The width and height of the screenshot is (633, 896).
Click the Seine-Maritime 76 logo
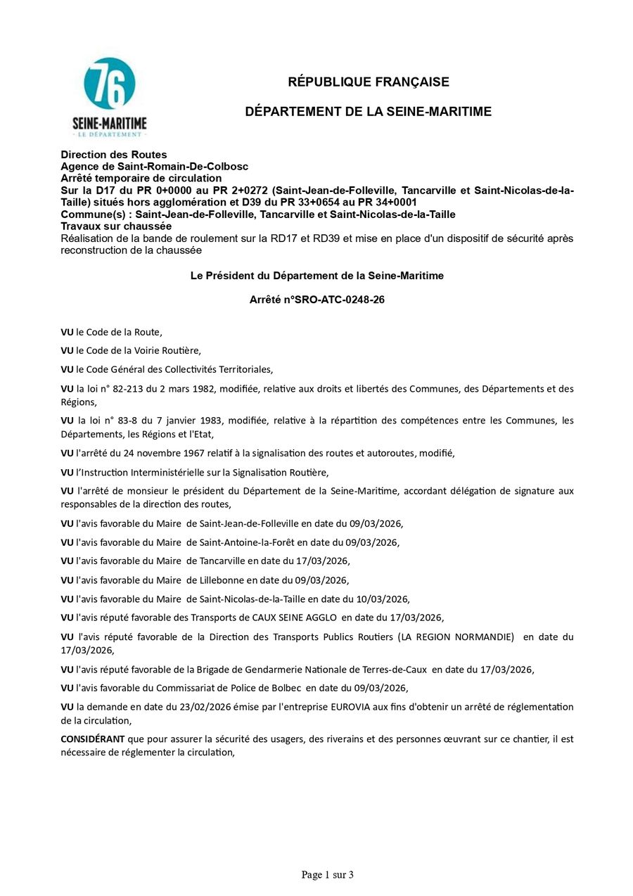click(x=110, y=97)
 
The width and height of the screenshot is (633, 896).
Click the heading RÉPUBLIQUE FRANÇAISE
click(x=369, y=82)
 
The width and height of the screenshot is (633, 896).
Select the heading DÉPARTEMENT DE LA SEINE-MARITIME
click(x=369, y=112)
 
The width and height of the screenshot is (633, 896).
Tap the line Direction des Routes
click(x=114, y=155)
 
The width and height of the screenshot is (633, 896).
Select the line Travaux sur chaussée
click(x=116, y=226)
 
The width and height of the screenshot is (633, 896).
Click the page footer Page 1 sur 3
click(x=327, y=875)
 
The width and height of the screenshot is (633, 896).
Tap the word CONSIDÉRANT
click(x=92, y=739)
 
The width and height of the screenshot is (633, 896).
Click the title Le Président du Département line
click(x=317, y=276)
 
